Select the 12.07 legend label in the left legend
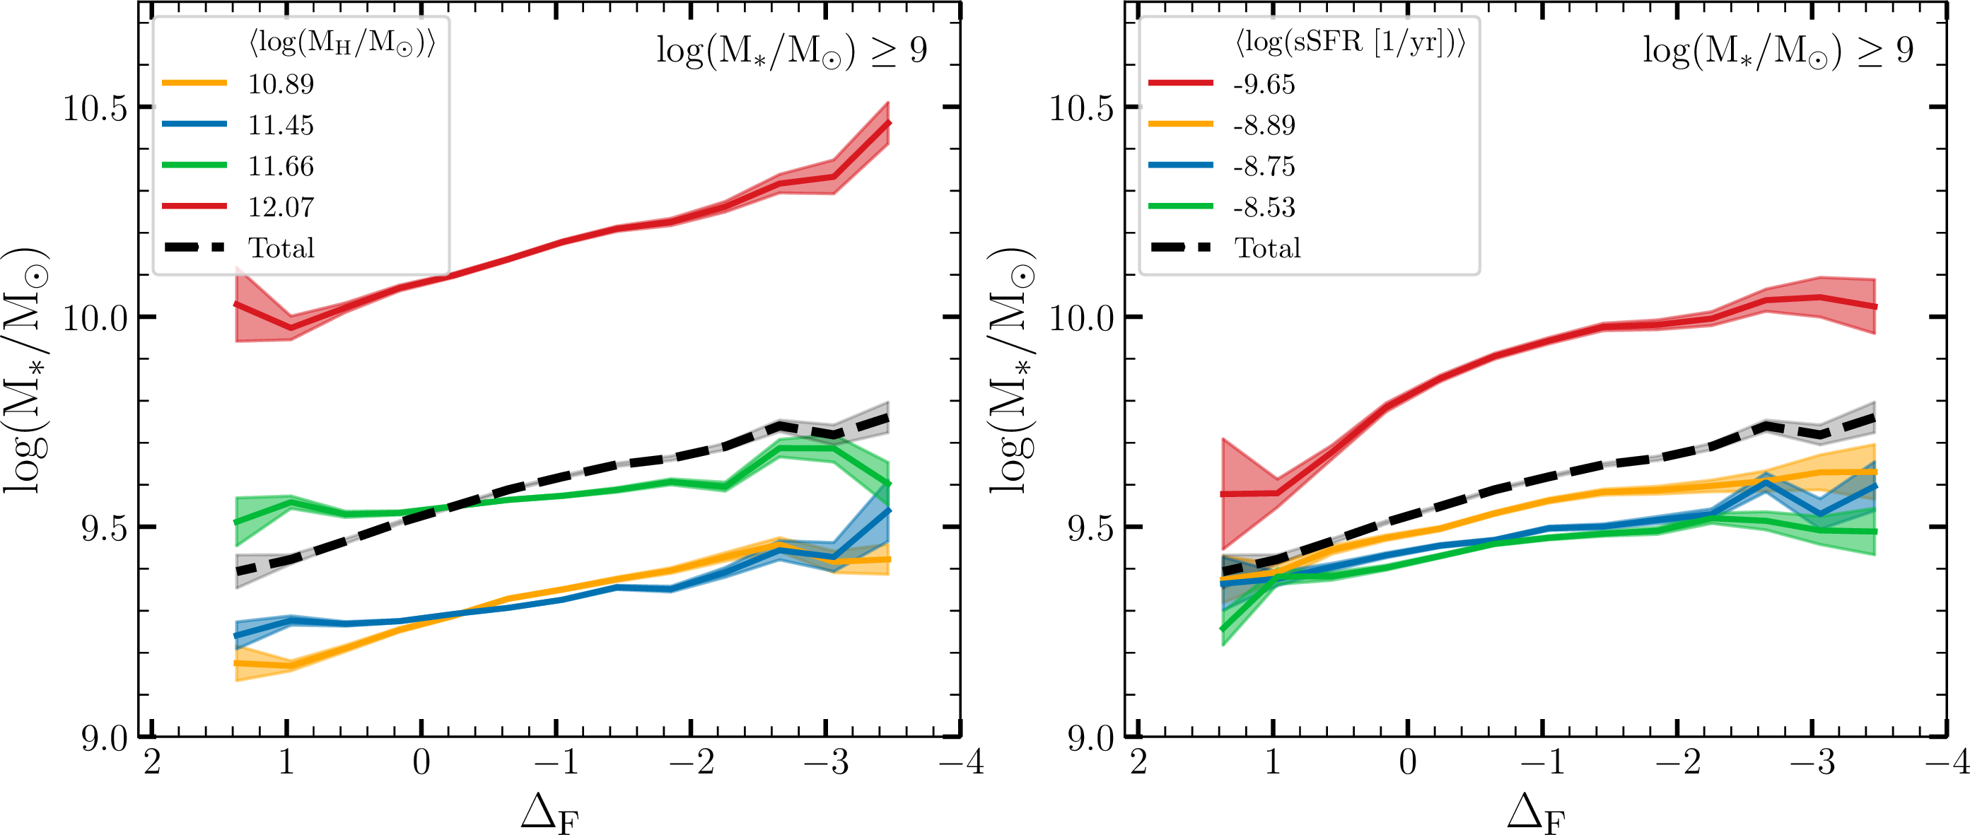281,207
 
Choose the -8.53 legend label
1264,207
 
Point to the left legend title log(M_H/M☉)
342,43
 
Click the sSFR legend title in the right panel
1351,43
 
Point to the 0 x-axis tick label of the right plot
1408,762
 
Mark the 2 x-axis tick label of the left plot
152,762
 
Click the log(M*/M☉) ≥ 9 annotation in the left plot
791,51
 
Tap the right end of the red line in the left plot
888,122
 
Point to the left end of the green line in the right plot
1223,629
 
